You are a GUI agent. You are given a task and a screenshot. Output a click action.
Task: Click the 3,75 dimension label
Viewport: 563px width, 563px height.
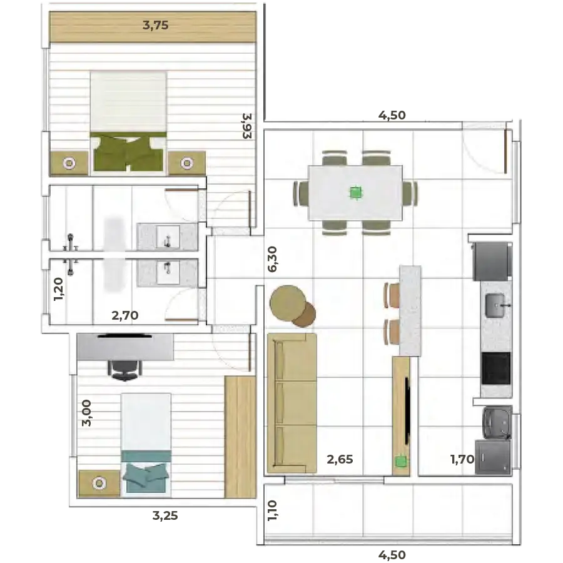click(156, 26)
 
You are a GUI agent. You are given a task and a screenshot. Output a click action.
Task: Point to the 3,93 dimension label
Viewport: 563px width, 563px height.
click(247, 126)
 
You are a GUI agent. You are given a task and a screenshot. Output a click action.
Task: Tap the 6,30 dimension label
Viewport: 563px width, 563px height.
click(272, 259)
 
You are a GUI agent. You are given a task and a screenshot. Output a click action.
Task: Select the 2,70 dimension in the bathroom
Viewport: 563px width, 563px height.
click(125, 315)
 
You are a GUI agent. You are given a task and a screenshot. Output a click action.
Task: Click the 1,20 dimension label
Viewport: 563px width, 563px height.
click(58, 289)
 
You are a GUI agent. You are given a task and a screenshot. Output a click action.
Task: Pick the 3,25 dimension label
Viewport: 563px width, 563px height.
click(165, 515)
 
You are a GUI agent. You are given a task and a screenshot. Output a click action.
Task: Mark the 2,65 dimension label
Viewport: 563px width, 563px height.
click(340, 459)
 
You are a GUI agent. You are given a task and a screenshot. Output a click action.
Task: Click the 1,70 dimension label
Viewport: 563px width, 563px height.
click(462, 459)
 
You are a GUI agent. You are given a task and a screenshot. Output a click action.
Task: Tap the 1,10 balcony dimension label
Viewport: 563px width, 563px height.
click(272, 510)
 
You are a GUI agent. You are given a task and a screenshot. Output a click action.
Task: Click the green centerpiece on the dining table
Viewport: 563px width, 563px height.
click(356, 193)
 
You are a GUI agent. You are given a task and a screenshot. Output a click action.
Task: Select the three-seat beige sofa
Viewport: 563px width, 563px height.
click(292, 403)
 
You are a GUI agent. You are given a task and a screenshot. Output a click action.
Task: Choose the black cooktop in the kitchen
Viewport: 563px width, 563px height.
click(496, 368)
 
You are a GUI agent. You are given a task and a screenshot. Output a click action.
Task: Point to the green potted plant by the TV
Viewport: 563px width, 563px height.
click(401, 462)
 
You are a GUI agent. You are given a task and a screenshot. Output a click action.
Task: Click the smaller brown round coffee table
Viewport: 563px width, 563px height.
click(304, 315)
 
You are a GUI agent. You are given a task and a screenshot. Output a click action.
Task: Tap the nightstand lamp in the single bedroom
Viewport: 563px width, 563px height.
click(99, 484)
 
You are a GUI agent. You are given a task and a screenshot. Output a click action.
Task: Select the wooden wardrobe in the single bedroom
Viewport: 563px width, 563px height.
click(240, 437)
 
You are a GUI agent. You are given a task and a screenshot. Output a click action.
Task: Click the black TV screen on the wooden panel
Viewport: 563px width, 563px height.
click(407, 410)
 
